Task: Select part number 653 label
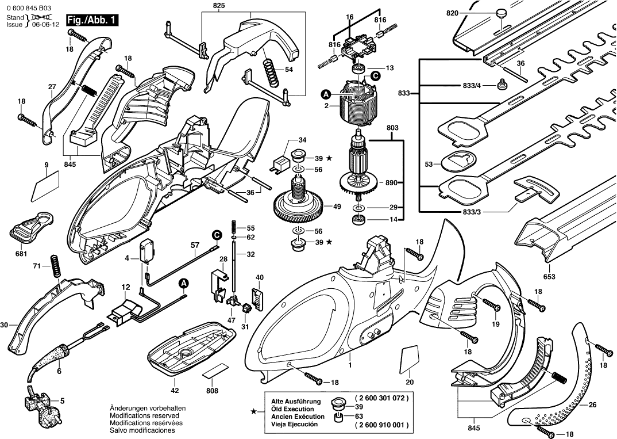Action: [550, 277]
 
